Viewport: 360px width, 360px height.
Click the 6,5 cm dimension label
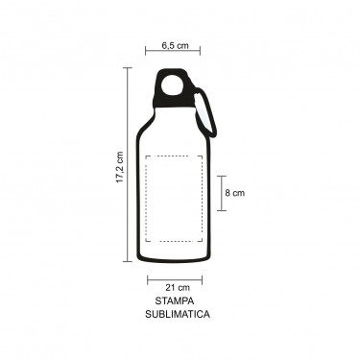175,45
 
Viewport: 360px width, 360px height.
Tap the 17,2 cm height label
120,167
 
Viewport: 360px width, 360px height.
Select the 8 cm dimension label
234,193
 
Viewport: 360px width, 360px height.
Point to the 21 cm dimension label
178,288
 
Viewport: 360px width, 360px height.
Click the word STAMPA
175,301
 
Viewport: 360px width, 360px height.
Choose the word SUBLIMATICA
178,314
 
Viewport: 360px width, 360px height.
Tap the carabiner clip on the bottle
206,112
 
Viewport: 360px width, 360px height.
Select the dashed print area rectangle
146,199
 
